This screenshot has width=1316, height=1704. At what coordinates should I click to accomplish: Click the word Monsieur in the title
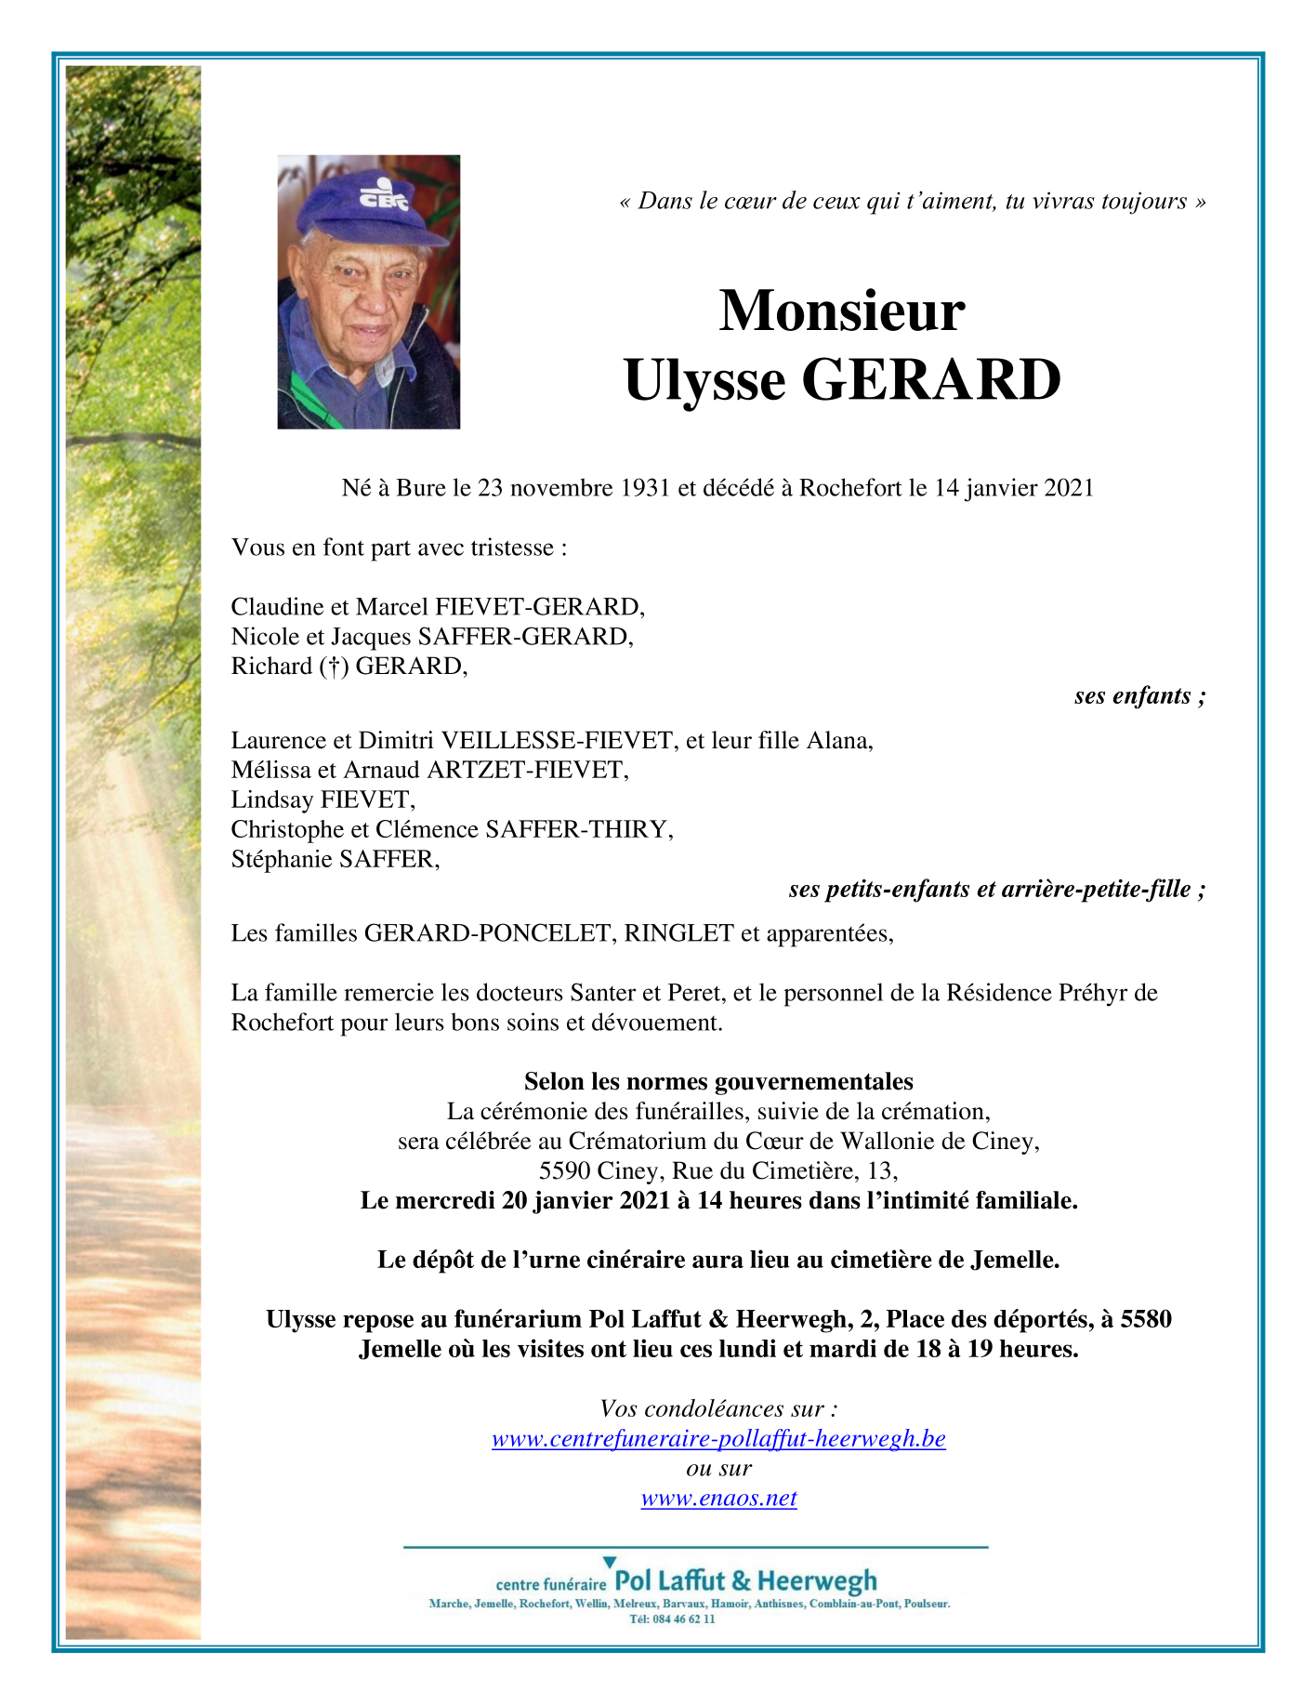[841, 310]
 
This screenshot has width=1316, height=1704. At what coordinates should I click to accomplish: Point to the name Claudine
[267, 607]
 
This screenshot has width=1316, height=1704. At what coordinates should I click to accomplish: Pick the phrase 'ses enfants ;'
[1139, 695]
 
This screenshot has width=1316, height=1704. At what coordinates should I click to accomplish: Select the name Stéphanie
[282, 859]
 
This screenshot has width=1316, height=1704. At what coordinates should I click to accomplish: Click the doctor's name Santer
[601, 993]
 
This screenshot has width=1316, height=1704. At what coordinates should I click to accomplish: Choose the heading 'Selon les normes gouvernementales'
[718, 1081]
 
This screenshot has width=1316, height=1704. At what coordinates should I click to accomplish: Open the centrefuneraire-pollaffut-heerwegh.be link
[718, 1439]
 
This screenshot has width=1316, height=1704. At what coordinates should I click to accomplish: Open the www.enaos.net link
[718, 1499]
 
